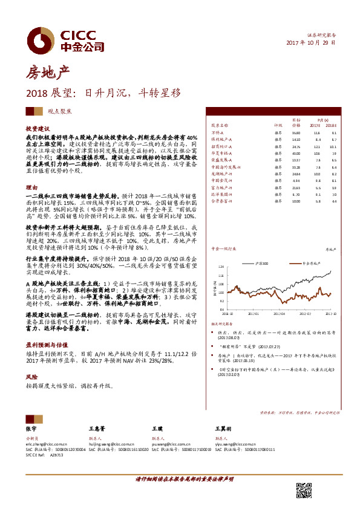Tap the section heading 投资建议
(x=38, y=129)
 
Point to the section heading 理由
(x=31, y=187)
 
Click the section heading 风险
(x=31, y=377)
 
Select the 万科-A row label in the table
(x=218, y=132)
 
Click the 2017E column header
(x=316, y=126)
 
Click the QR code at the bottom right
(x=304, y=490)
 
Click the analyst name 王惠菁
(x=97, y=428)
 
